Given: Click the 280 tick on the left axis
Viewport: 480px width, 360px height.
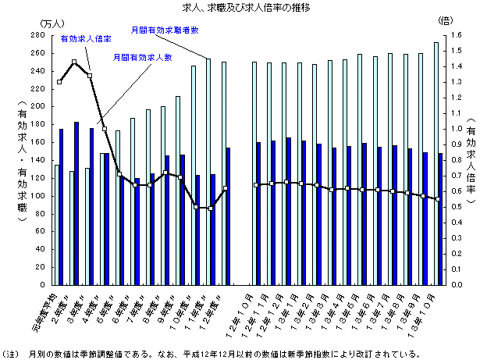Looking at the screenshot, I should pyautogui.click(x=38, y=36).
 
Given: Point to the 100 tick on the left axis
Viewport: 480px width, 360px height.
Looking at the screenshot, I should pyautogui.click(x=38, y=196).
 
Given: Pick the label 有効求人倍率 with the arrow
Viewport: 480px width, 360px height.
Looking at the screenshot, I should pyautogui.click(x=86, y=37).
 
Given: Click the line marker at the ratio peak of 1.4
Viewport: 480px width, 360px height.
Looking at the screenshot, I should pyautogui.click(x=74, y=62).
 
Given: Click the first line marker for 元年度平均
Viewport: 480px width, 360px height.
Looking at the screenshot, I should pyautogui.click(x=59, y=82).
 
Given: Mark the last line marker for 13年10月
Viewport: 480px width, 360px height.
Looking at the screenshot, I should pyautogui.click(x=438, y=199).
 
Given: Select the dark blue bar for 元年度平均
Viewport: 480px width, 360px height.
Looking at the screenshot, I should pyautogui.click(x=61, y=207).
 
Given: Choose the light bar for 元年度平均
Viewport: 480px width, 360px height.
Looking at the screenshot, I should pyautogui.click(x=56, y=225).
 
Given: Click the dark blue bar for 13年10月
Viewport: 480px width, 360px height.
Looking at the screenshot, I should pyautogui.click(x=440, y=219).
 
